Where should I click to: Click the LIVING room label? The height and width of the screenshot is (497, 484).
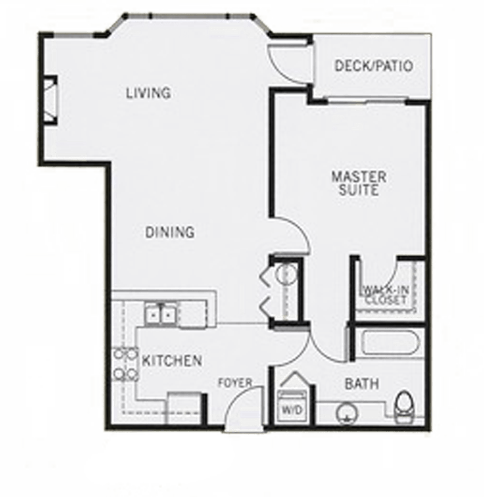[x=148, y=92]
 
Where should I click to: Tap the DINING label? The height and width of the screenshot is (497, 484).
[x=170, y=232]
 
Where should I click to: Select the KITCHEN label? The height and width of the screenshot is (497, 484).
[x=172, y=360]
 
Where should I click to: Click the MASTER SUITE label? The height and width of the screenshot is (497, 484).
[x=359, y=183]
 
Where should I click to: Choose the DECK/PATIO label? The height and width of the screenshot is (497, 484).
[x=374, y=66]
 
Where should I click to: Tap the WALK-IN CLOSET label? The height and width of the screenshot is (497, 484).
[x=385, y=295]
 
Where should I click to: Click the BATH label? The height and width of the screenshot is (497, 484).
[x=362, y=384]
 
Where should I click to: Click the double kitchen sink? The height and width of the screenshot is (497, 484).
[x=161, y=315]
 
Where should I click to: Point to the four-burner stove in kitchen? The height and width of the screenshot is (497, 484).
[x=125, y=364]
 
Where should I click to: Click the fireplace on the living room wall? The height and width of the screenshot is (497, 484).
[x=50, y=101]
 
